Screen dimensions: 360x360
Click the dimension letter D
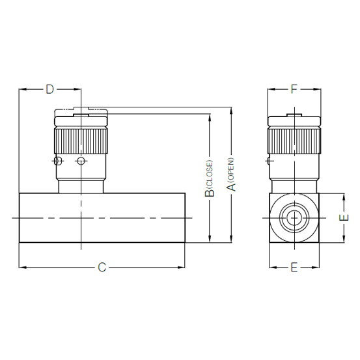click(49, 89)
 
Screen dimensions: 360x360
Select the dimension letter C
click(102, 268)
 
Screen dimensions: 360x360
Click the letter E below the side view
click(294, 268)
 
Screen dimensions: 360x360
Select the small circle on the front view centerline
click(81, 161)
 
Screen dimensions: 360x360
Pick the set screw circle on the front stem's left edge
click(59, 161)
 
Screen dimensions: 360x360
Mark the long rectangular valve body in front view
click(104, 218)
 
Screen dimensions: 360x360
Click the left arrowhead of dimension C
click(22, 266)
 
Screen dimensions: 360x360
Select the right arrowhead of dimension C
click(184, 266)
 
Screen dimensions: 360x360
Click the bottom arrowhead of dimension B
click(209, 240)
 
